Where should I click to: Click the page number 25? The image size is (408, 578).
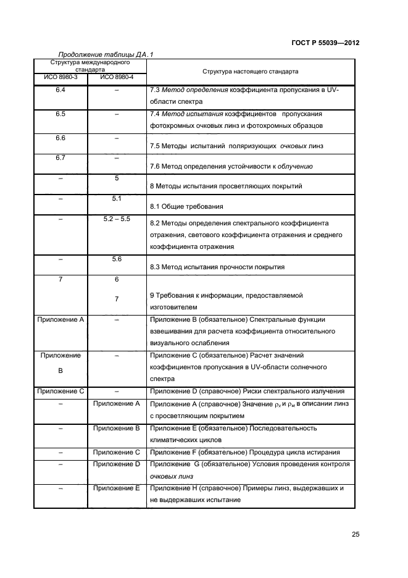pos(355,534)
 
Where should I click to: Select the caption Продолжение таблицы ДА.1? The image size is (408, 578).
pos(106,54)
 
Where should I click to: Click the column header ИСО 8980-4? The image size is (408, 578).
pos(116,77)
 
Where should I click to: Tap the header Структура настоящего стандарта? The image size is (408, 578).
pos(250,72)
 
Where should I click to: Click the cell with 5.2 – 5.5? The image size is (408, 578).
pos(116,219)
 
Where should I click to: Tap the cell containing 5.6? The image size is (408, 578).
pos(116,259)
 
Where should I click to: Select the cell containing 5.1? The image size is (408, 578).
pos(116,199)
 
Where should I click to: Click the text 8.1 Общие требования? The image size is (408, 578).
pos(186,206)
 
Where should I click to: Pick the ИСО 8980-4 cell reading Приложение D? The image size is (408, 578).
pos(116,464)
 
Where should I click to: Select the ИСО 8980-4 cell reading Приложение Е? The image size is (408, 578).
pos(116,488)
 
